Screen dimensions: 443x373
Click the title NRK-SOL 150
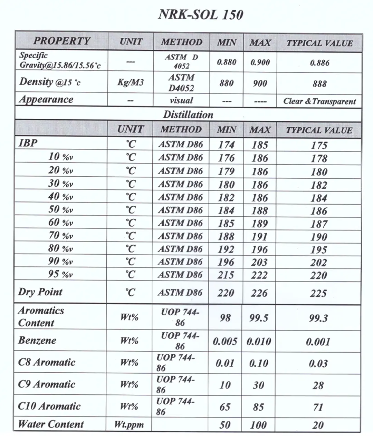(201, 14)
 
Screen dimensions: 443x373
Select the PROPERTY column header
(61, 41)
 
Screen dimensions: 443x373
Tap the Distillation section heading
(188, 115)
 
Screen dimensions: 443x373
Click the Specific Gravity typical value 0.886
(319, 63)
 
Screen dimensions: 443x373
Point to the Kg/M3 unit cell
(131, 82)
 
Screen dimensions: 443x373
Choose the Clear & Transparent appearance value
(319, 101)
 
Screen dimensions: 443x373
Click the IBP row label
(28, 143)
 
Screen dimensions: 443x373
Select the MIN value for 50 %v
(226, 210)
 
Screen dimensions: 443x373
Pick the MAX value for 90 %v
(259, 262)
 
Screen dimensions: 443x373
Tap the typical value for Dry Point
(318, 293)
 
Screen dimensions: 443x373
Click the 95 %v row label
(60, 274)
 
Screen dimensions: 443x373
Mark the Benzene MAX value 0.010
(259, 342)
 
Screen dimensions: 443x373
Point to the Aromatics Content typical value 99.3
(318, 318)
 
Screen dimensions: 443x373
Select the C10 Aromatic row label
(49, 406)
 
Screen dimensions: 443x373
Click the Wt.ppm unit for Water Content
(129, 424)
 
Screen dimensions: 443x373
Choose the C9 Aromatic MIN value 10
(225, 385)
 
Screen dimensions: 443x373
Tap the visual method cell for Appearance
(181, 100)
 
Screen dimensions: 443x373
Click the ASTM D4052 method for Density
(181, 83)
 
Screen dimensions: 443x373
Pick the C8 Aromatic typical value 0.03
(318, 364)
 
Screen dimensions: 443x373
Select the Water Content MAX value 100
(258, 425)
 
